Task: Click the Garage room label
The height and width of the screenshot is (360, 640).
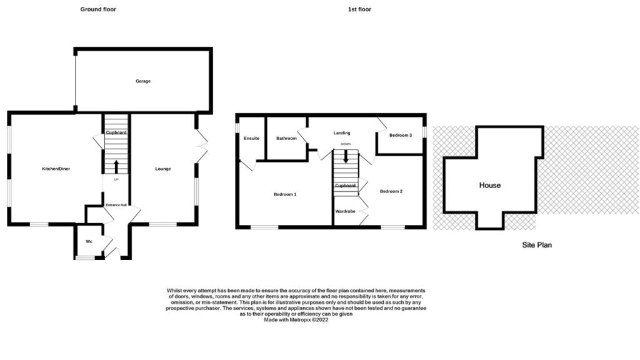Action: (143, 81)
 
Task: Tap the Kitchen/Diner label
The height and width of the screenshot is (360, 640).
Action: (56, 169)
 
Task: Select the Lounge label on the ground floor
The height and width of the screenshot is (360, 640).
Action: (163, 169)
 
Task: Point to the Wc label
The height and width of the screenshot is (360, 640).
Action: (89, 242)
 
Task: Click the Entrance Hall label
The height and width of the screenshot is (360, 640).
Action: (116, 205)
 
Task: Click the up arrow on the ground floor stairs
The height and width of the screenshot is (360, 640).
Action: (116, 166)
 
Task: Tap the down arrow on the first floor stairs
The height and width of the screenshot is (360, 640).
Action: (346, 157)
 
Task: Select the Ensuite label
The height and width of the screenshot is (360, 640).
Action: (251, 138)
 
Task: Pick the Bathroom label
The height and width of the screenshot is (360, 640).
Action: (286, 138)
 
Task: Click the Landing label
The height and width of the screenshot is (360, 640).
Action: (342, 132)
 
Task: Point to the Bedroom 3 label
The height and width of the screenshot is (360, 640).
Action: (401, 135)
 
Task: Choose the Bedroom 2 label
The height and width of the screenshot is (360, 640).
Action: (391, 191)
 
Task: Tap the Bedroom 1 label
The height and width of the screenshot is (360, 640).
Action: (285, 194)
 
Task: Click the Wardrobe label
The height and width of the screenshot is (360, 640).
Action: (345, 211)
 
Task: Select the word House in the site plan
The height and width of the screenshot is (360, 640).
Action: (490, 185)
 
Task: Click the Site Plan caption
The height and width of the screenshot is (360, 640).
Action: (537, 245)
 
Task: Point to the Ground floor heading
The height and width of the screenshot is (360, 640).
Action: (98, 9)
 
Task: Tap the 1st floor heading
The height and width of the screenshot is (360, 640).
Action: (359, 9)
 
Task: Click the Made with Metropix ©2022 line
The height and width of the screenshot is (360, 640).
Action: (296, 320)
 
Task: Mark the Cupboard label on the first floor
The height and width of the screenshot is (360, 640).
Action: (345, 186)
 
